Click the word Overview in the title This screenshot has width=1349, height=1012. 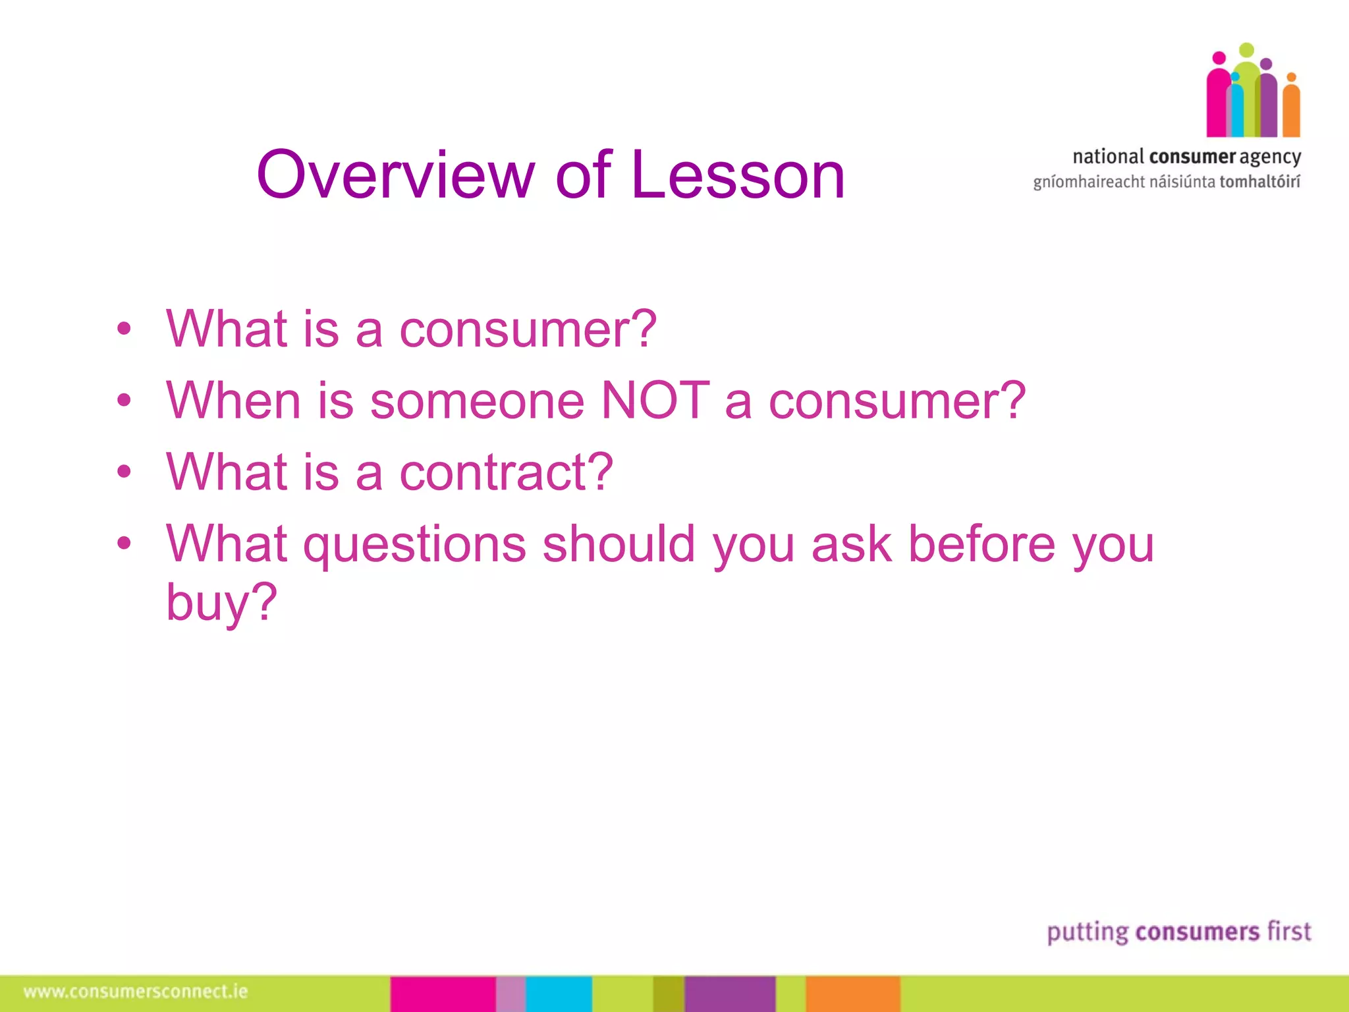pyautogui.click(x=395, y=175)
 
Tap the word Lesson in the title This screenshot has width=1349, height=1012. pyautogui.click(x=738, y=175)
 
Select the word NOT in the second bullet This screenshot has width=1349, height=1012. pyautogui.click(x=655, y=401)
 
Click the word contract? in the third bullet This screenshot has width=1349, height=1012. pyautogui.click(x=506, y=472)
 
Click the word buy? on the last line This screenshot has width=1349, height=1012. pyautogui.click(x=221, y=602)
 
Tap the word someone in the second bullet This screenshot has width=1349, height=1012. pyautogui.click(x=477, y=401)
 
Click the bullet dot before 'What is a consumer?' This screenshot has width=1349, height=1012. pyautogui.click(x=124, y=329)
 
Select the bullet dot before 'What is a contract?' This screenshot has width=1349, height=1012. pyautogui.click(x=124, y=472)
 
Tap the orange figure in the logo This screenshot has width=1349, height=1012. pyautogui.click(x=1291, y=109)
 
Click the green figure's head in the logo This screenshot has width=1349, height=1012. pyautogui.click(x=1246, y=50)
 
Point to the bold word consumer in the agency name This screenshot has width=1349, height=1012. pyautogui.click(x=1192, y=157)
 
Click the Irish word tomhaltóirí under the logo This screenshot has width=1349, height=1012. pyautogui.click(x=1259, y=182)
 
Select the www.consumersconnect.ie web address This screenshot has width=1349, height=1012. pyautogui.click(x=136, y=992)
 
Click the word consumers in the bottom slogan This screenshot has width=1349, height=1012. pyautogui.click(x=1198, y=932)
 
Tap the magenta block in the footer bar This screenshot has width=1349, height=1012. pyautogui.click(x=443, y=994)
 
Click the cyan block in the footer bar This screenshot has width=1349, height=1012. pyautogui.click(x=559, y=994)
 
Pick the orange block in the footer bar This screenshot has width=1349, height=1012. pyautogui.click(x=852, y=994)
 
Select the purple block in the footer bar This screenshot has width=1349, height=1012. pyautogui.click(x=730, y=994)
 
